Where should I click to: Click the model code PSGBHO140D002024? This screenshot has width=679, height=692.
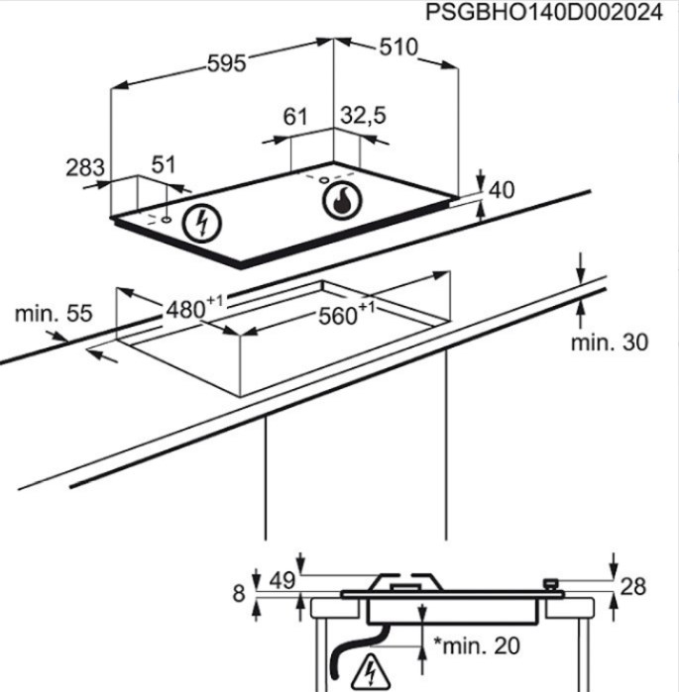pyautogui.click(x=544, y=12)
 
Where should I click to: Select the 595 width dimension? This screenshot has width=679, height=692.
pyautogui.click(x=227, y=63)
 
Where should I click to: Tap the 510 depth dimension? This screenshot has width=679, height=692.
pyautogui.click(x=398, y=48)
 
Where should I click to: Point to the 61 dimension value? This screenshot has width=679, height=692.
pyautogui.click(x=294, y=117)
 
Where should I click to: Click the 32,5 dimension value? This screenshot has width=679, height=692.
pyautogui.click(x=363, y=116)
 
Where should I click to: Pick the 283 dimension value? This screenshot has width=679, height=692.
pyautogui.click(x=85, y=167)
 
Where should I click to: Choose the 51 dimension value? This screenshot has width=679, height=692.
pyautogui.click(x=164, y=164)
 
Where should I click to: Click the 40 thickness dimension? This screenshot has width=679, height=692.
pyautogui.click(x=502, y=190)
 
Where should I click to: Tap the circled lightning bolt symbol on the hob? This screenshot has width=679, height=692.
pyautogui.click(x=202, y=224)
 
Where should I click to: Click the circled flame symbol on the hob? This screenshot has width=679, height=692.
pyautogui.click(x=342, y=201)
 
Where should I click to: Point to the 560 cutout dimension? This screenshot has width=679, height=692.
pyautogui.click(x=346, y=314)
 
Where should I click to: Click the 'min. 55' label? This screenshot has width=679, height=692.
pyautogui.click(x=54, y=314)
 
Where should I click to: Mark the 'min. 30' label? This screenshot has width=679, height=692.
pyautogui.click(x=610, y=342)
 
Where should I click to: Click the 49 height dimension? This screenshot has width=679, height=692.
pyautogui.click(x=283, y=580)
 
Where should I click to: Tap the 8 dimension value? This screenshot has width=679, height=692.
pyautogui.click(x=239, y=593)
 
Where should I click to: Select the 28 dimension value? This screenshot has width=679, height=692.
pyautogui.click(x=633, y=587)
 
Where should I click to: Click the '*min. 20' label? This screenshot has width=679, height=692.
pyautogui.click(x=476, y=646)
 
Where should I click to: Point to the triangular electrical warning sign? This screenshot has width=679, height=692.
pyautogui.click(x=371, y=672)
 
